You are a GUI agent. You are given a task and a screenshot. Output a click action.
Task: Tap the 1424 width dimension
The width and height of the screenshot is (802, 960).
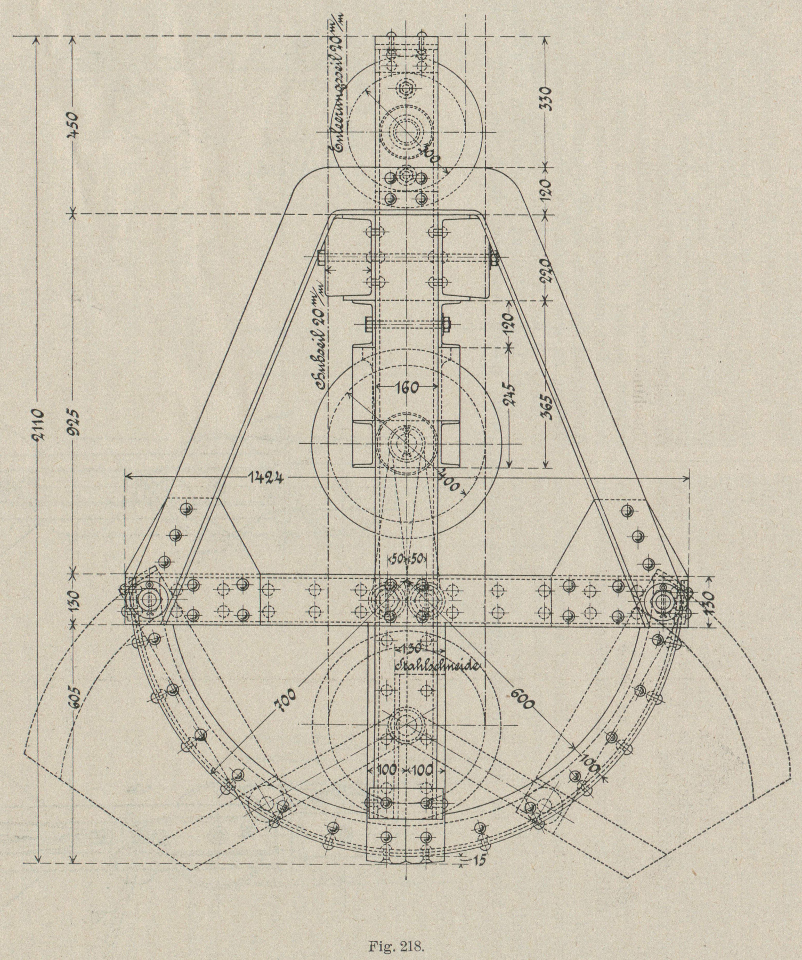(267, 478)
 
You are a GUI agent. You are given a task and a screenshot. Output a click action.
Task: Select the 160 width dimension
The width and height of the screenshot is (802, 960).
(406, 388)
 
